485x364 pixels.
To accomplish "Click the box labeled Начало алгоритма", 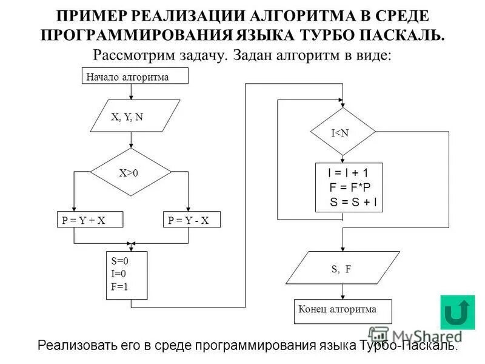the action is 135,76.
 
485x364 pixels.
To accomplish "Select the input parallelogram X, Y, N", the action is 134,116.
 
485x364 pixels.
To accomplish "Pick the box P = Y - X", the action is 189,220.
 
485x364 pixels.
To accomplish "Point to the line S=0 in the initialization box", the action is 120,260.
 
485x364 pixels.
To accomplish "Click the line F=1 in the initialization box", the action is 120,287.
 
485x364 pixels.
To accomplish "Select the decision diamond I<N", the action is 343,132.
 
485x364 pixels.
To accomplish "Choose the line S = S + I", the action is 353,202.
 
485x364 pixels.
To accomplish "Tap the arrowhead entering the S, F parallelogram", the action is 343,248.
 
